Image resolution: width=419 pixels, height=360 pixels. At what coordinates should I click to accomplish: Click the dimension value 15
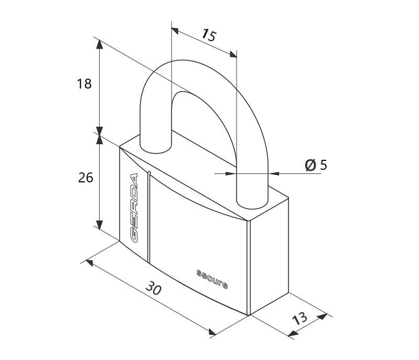click(208, 35)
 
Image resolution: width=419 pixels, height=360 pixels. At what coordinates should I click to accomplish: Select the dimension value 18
click(84, 84)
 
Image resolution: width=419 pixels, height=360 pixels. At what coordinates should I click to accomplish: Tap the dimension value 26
click(85, 178)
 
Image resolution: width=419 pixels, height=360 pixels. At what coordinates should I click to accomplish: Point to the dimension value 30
click(153, 288)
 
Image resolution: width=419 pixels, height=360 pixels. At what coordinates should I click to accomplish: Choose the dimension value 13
click(300, 318)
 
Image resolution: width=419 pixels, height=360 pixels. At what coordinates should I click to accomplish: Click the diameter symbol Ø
click(310, 165)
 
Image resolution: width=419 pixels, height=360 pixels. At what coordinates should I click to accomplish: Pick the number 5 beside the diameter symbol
click(324, 165)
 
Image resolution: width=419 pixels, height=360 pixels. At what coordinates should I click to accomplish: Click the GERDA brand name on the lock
click(134, 208)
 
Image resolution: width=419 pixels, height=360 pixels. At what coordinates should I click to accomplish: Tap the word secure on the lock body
click(212, 279)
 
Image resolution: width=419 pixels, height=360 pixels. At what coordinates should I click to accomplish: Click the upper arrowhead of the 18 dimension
click(100, 45)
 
